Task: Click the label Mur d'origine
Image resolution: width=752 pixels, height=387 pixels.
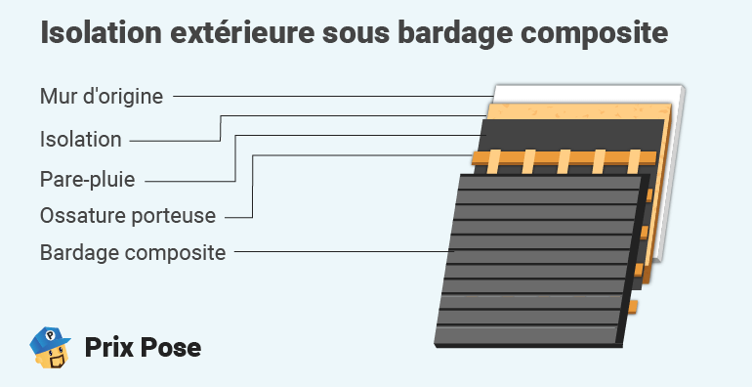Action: pyautogui.click(x=102, y=96)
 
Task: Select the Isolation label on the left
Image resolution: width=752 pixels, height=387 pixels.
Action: pyautogui.click(x=81, y=139)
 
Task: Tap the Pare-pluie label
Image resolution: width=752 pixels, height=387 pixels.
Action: pyautogui.click(x=87, y=180)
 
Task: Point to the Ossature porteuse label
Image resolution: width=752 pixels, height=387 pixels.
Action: pyautogui.click(x=128, y=215)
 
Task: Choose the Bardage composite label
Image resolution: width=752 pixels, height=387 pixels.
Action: pyautogui.click(x=133, y=252)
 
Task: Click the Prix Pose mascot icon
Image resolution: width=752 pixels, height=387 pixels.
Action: pyautogui.click(x=53, y=347)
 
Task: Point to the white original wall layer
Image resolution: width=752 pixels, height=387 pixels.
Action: pyautogui.click(x=674, y=176)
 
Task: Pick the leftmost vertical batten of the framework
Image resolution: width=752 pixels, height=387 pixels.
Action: pyautogui.click(x=495, y=160)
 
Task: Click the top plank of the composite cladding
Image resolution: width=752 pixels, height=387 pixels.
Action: pyautogui.click(x=547, y=183)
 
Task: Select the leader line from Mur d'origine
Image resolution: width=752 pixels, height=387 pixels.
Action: pyautogui.click(x=332, y=96)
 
